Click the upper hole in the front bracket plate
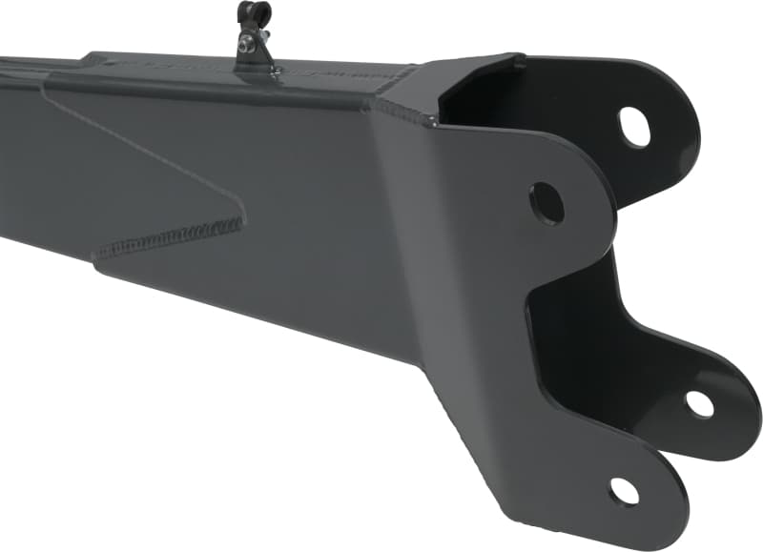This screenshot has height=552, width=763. (x=546, y=203)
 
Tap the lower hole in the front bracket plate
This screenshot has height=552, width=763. (x=625, y=492)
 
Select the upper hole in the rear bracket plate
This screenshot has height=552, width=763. (x=634, y=126)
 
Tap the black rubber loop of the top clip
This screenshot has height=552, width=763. (x=255, y=14)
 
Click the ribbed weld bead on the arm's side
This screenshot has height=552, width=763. (x=172, y=238)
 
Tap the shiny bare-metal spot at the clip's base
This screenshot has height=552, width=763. (x=273, y=69)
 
